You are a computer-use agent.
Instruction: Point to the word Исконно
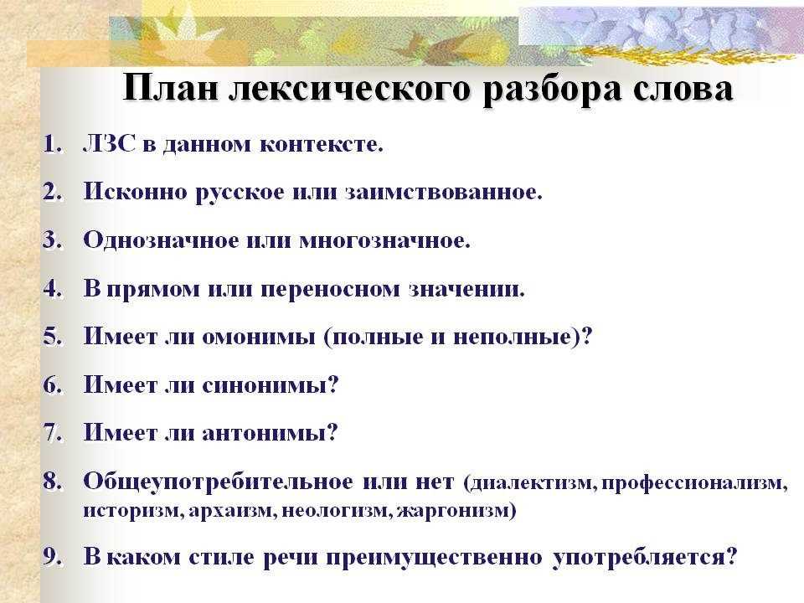coord(133,192)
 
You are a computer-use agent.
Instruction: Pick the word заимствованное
coord(443,192)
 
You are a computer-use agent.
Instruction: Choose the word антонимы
coord(271,434)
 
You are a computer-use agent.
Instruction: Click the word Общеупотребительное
coord(218,482)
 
